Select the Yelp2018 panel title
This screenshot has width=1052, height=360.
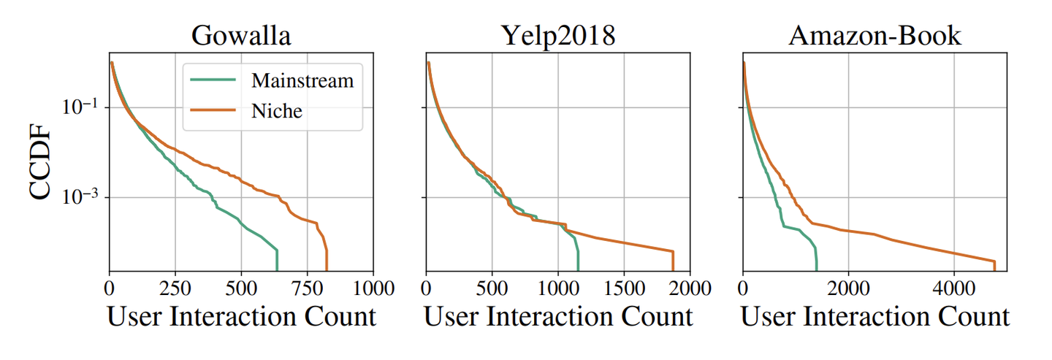pos(557,36)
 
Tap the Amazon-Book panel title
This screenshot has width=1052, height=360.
pos(874,36)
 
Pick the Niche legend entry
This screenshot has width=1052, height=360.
pos(276,111)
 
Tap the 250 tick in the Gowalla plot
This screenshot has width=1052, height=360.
pos(175,287)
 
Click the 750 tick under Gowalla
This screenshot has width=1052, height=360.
pos(307,287)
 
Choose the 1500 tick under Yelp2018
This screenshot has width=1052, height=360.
pos(624,287)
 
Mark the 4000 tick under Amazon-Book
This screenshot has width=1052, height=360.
pos(953,287)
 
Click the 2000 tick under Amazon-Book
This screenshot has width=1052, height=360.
pos(848,287)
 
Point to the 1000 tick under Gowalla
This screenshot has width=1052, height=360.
pos(373,287)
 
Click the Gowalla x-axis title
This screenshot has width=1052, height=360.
pos(241,317)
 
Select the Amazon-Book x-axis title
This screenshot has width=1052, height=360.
pos(875,317)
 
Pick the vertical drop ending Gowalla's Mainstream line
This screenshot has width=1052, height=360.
pos(278,259)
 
